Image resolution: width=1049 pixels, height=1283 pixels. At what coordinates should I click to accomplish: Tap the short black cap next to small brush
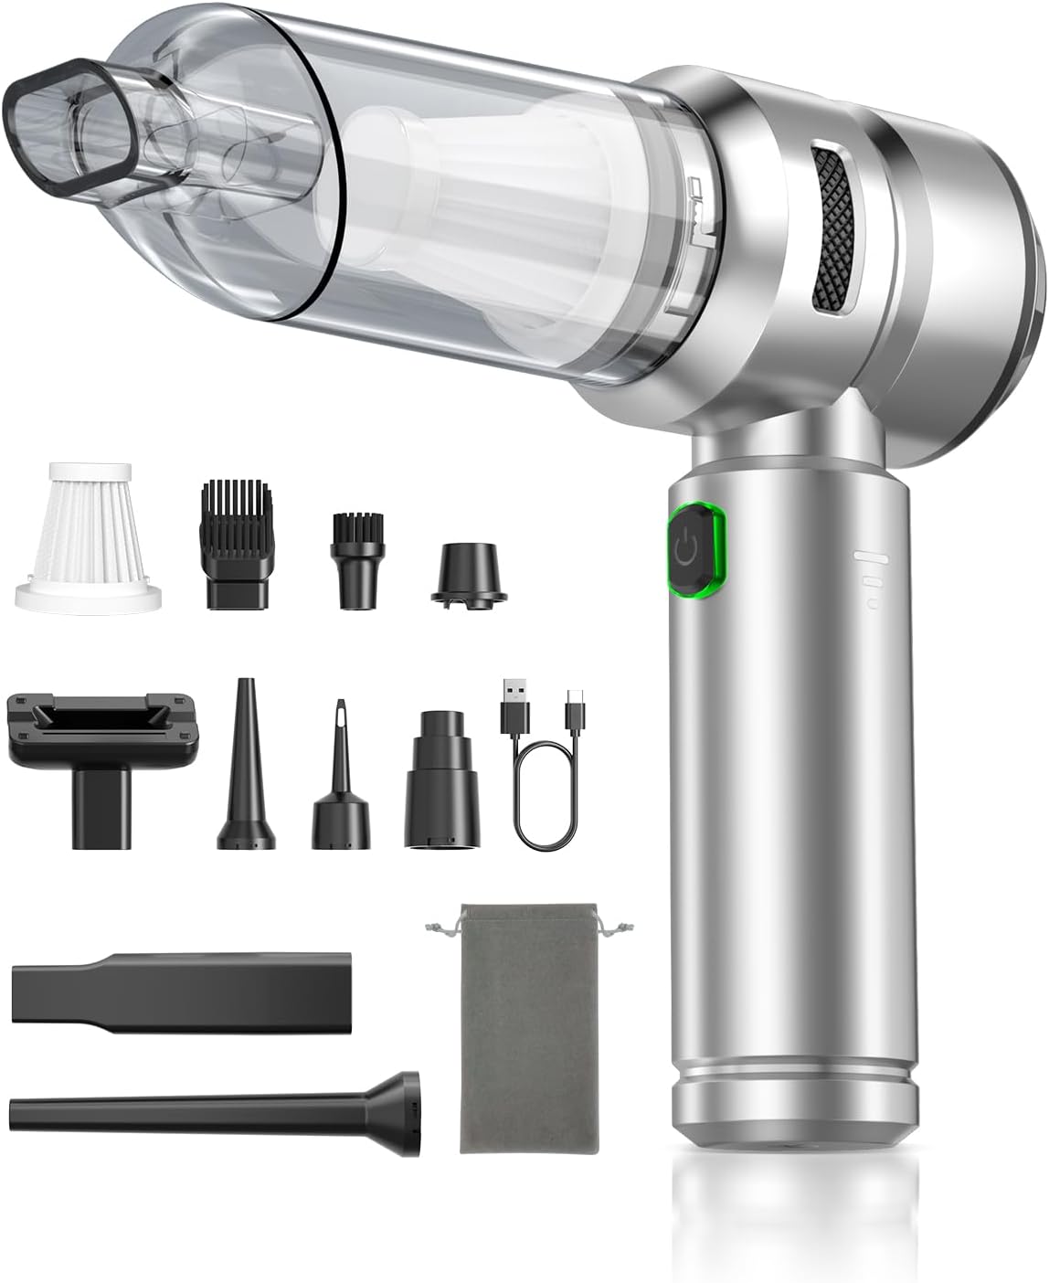(x=468, y=570)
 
